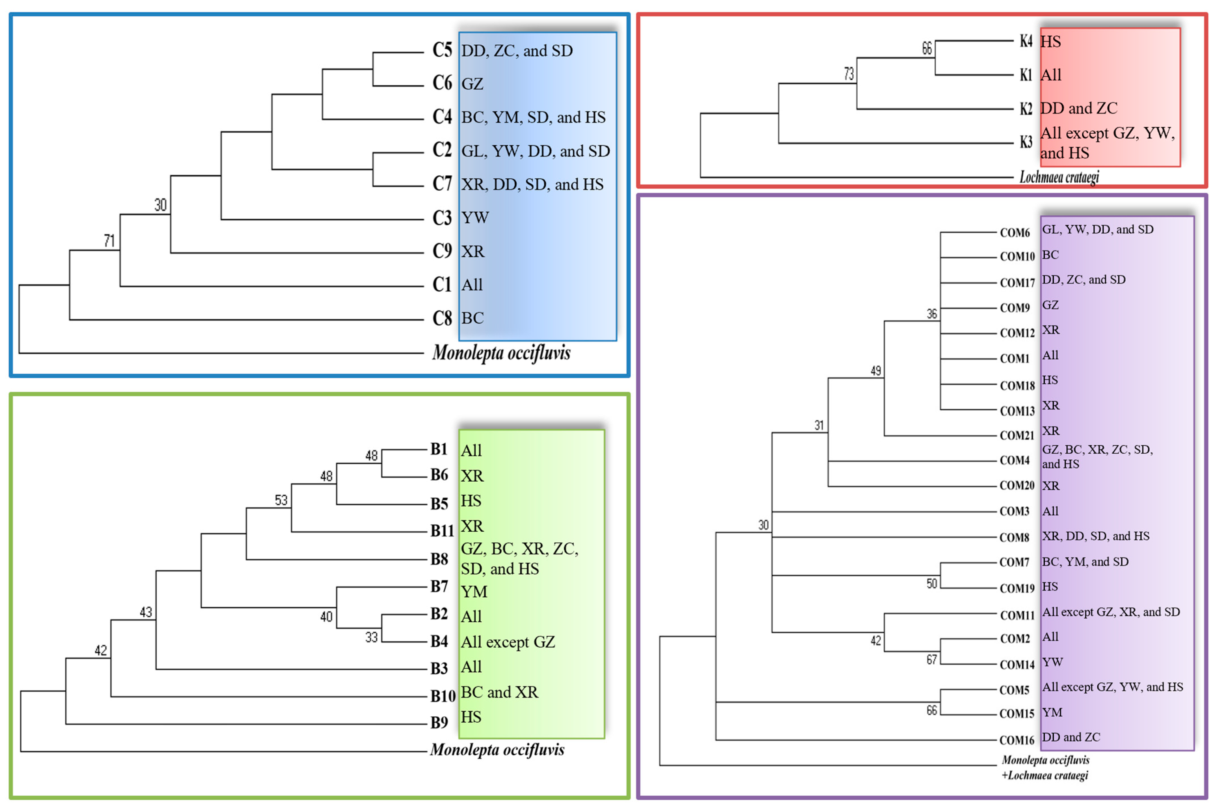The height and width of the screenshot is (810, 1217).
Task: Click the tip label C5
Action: pyautogui.click(x=442, y=50)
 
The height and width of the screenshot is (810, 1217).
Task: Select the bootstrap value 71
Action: pyautogui.click(x=109, y=241)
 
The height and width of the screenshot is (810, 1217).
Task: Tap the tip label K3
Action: pyautogui.click(x=1026, y=142)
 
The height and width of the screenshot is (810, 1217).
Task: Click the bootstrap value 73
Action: pyautogui.click(x=849, y=74)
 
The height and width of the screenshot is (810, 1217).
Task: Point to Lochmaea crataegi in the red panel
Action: pyautogui.click(x=1058, y=177)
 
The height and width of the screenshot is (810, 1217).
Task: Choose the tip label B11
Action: pyautogui.click(x=442, y=531)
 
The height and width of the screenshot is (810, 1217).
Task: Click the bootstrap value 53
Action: pyautogui.click(x=281, y=500)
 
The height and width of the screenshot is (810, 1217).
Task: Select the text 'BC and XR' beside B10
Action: pyautogui.click(x=499, y=692)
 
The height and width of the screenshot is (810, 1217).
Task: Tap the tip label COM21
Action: pyautogui.click(x=1017, y=436)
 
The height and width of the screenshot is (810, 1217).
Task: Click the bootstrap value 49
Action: pyautogui.click(x=876, y=371)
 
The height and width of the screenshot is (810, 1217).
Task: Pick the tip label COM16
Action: pyautogui.click(x=1017, y=740)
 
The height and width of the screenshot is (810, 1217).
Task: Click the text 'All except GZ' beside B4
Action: pyautogui.click(x=508, y=642)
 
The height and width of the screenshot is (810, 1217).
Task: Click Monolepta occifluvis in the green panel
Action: pyautogui.click(x=497, y=749)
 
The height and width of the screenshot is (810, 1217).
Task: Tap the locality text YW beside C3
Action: pyautogui.click(x=474, y=217)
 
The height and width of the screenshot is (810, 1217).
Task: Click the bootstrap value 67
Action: pyautogui.click(x=931, y=660)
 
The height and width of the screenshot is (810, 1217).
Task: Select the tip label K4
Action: pyautogui.click(x=1026, y=41)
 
